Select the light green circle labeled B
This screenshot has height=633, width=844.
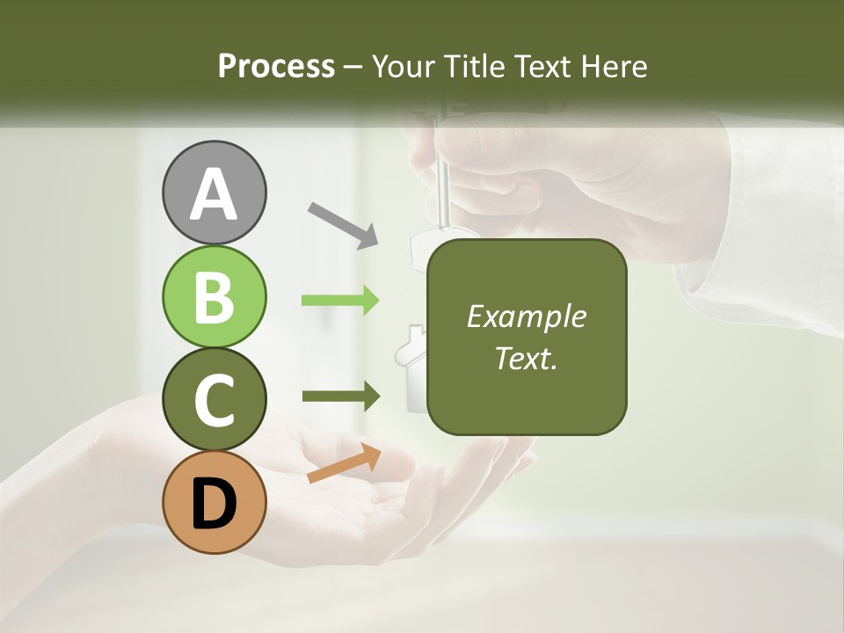214,297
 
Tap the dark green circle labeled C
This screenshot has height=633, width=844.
214,399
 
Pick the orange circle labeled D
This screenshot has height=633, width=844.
214,503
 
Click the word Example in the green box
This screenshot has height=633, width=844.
526,316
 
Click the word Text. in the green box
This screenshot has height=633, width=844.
526,359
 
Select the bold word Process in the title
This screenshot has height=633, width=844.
276,66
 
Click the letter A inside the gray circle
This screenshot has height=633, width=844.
214,195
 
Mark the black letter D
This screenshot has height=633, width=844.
214,506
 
